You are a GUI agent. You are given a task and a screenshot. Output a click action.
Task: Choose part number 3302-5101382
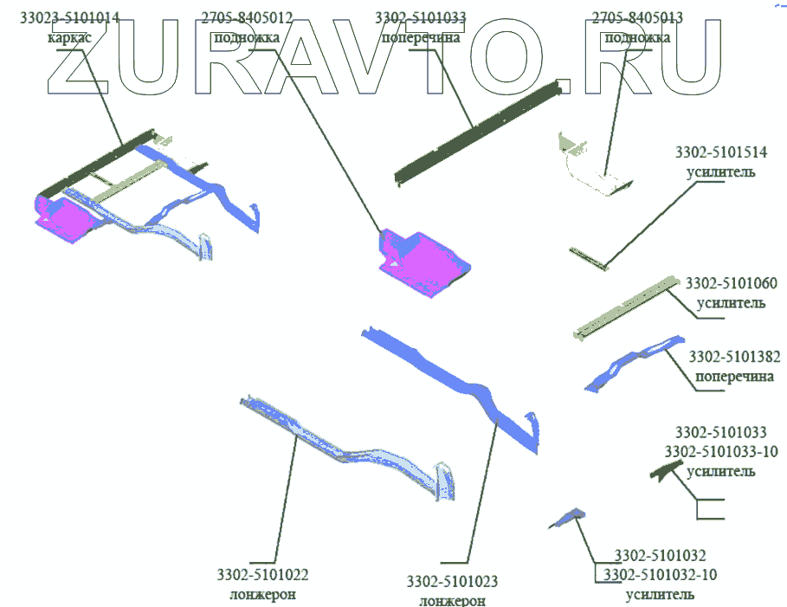[735, 356]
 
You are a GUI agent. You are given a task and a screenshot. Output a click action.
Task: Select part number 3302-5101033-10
[721, 451]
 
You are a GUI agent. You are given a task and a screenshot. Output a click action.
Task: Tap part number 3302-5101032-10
[661, 574]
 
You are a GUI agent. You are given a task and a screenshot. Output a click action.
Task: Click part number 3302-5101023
[453, 581]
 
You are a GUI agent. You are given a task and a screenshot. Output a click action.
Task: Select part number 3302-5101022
[263, 574]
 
